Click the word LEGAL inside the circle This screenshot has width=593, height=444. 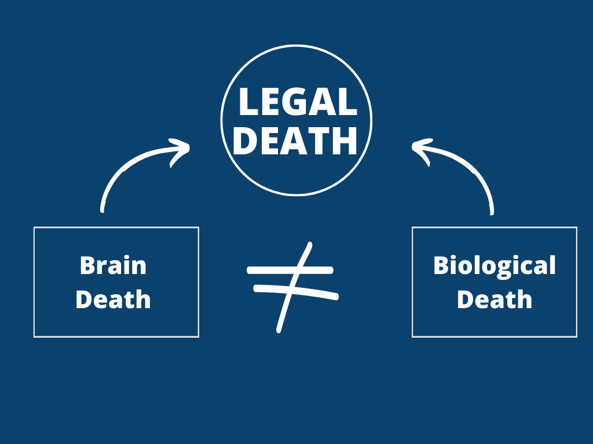point(296,102)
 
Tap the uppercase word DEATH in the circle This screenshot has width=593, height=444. point(296,140)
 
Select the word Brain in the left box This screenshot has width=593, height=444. point(113,265)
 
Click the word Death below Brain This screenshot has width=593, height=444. point(113,299)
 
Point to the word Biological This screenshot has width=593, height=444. point(494,265)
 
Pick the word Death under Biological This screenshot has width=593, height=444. point(494,299)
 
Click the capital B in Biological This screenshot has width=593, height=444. point(441,265)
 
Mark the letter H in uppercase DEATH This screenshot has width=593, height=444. point(346,140)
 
